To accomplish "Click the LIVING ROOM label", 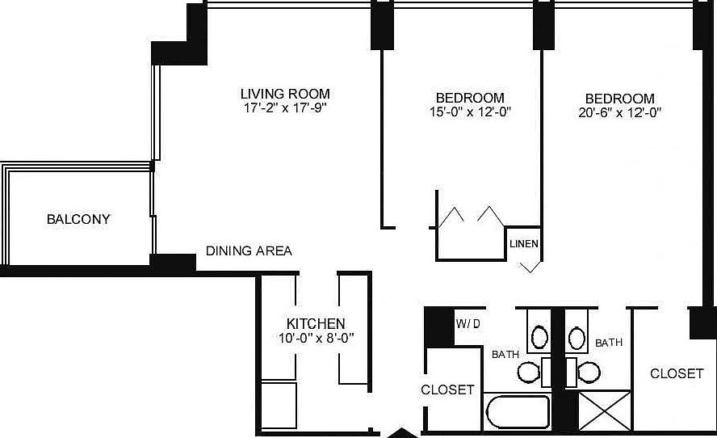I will [x=286, y=94].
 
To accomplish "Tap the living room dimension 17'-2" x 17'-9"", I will [x=286, y=107].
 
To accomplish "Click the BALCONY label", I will [x=78, y=219].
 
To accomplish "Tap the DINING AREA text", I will [x=249, y=251].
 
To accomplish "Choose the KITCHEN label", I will [x=316, y=323].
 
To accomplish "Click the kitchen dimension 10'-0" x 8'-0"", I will [x=316, y=338].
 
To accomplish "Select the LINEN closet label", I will [x=524, y=243].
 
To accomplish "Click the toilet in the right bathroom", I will [x=589, y=372].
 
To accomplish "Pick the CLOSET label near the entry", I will [x=448, y=390].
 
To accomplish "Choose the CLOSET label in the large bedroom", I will [x=677, y=373].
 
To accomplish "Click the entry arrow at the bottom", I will [x=401, y=432].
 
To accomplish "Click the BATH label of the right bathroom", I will [x=609, y=343].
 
